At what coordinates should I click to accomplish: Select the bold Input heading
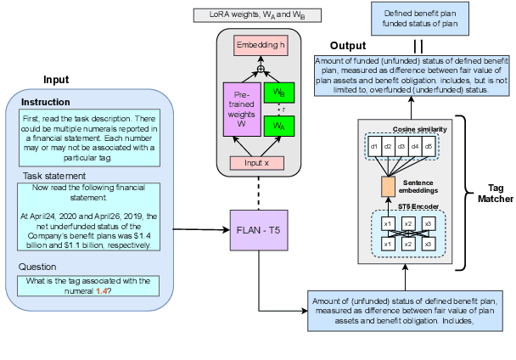point(56,81)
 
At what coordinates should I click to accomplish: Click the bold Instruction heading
point(46,102)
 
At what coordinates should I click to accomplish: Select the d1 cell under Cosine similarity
point(374,146)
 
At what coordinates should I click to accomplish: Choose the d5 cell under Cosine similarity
point(429,146)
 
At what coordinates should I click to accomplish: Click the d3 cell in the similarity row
point(401,146)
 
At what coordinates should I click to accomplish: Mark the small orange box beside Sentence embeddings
point(388,184)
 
